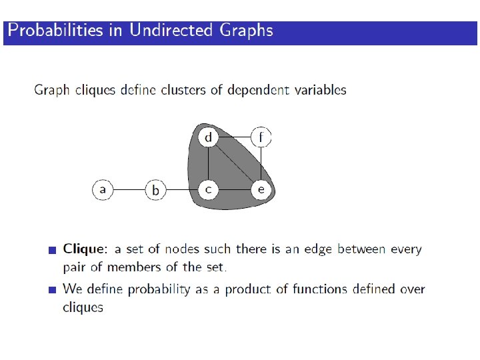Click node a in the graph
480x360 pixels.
point(102,189)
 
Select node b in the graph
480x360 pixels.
point(155,190)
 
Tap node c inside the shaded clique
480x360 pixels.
point(209,189)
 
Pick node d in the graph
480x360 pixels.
point(209,137)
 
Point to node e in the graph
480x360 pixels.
point(261,189)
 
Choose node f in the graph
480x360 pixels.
point(261,137)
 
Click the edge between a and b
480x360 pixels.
point(129,189)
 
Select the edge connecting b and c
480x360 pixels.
point(182,189)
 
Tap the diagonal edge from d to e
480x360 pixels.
point(235,163)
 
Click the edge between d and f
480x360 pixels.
point(235,137)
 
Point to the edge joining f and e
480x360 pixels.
point(261,163)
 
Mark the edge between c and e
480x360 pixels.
point(235,189)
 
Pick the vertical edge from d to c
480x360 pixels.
point(209,163)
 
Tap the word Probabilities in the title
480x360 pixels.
point(55,31)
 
